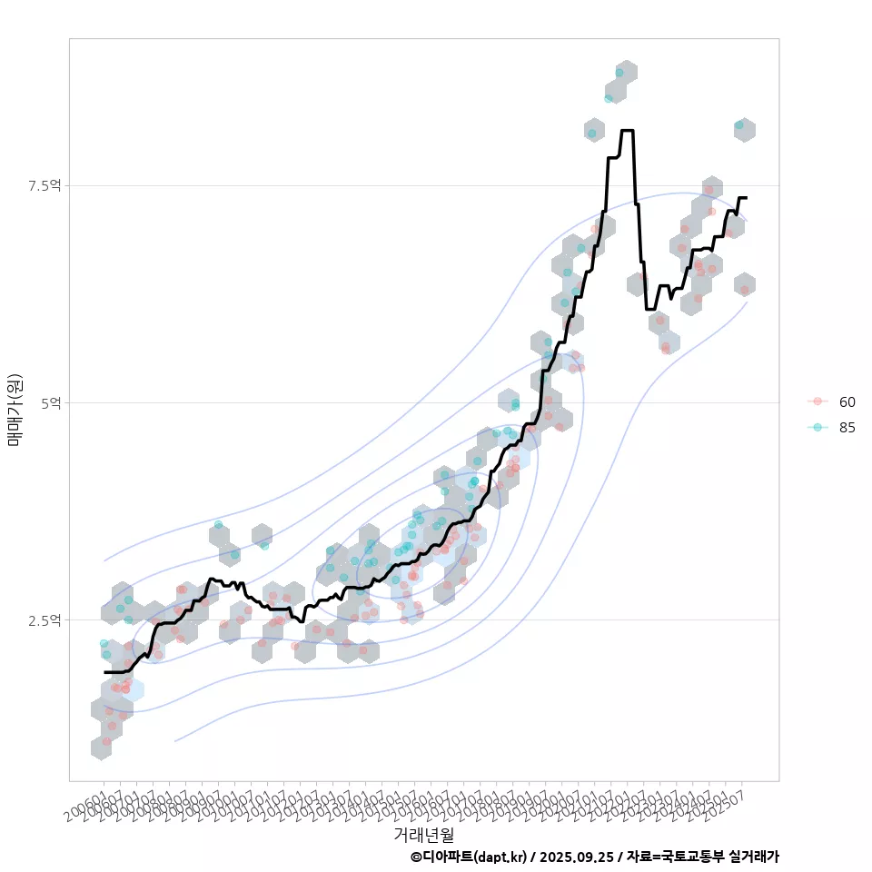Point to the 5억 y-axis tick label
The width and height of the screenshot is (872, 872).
pos(51,402)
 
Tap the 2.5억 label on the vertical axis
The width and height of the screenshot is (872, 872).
pos(45,619)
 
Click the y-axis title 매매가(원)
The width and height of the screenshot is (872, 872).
pos(15,409)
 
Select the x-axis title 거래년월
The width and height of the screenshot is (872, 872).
pos(423,834)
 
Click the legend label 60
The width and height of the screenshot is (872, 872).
pos(847,401)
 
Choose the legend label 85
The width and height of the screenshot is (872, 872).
pos(847,428)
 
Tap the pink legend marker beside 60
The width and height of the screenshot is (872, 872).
pos(817,401)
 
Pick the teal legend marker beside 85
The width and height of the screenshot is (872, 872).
pos(817,428)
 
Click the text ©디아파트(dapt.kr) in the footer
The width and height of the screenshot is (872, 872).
pos(469,857)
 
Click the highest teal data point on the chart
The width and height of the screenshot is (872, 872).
pos(619,73)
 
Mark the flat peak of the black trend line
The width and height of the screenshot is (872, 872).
pos(627,131)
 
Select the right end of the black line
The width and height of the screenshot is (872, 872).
pos(746,197)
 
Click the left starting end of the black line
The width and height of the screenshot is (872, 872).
pos(105,672)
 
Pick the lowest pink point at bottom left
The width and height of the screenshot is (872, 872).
pos(106,741)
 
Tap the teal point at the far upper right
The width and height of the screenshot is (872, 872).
pos(739,125)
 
